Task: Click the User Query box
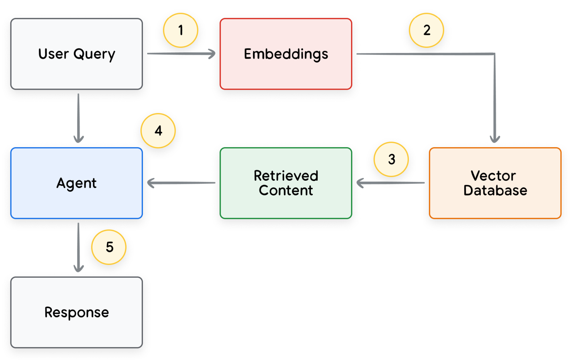pyautogui.click(x=76, y=54)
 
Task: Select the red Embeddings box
pyautogui.click(x=286, y=54)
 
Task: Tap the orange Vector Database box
pyautogui.click(x=495, y=183)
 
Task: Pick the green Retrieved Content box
pyautogui.click(x=286, y=183)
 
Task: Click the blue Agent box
pyautogui.click(x=76, y=183)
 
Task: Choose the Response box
pyautogui.click(x=76, y=313)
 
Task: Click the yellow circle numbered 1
pyautogui.click(x=181, y=30)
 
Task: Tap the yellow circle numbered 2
pyautogui.click(x=427, y=30)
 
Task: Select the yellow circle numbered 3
pyautogui.click(x=391, y=159)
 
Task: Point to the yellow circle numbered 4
pyautogui.click(x=158, y=130)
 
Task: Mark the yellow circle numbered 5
pyautogui.click(x=109, y=247)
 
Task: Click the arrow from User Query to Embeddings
pyautogui.click(x=181, y=53)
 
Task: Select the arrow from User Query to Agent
pyautogui.click(x=78, y=118)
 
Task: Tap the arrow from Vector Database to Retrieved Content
pyautogui.click(x=390, y=183)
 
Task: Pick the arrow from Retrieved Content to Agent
pyautogui.click(x=181, y=183)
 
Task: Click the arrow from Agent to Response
pyautogui.click(x=78, y=248)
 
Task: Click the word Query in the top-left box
pyautogui.click(x=94, y=54)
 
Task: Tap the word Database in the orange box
pyautogui.click(x=495, y=190)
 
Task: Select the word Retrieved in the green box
pyautogui.click(x=286, y=176)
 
